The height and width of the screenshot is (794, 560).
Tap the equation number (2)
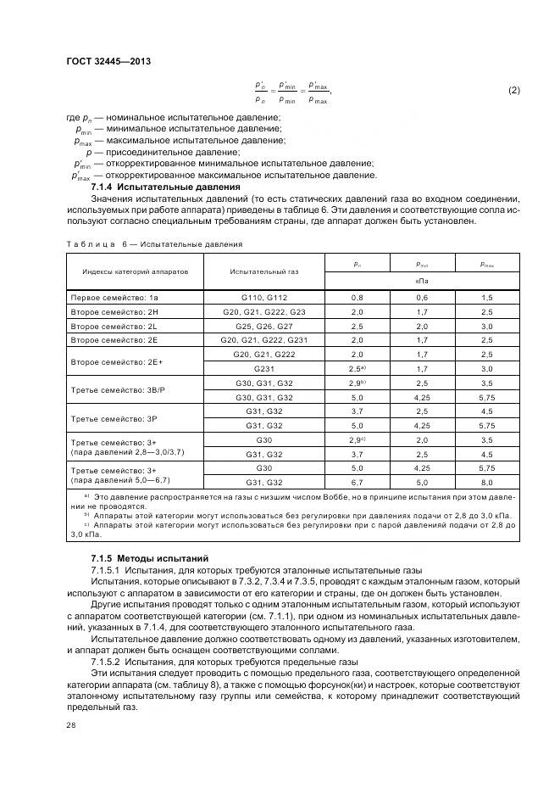(513, 90)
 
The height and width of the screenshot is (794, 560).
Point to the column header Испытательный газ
(263, 271)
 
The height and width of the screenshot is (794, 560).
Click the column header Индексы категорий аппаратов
(130, 271)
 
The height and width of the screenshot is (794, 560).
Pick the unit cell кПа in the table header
(421, 279)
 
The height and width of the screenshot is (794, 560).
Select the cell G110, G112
(263, 297)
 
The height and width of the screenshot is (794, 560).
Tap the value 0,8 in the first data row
(357, 297)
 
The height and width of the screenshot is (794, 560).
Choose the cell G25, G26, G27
(263, 326)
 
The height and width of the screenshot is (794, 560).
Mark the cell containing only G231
(263, 369)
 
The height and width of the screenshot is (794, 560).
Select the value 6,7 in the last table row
(357, 482)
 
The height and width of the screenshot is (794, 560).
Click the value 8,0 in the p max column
(487, 482)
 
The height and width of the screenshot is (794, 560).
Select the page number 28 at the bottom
(70, 725)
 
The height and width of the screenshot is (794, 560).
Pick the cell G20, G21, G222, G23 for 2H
(263, 311)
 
